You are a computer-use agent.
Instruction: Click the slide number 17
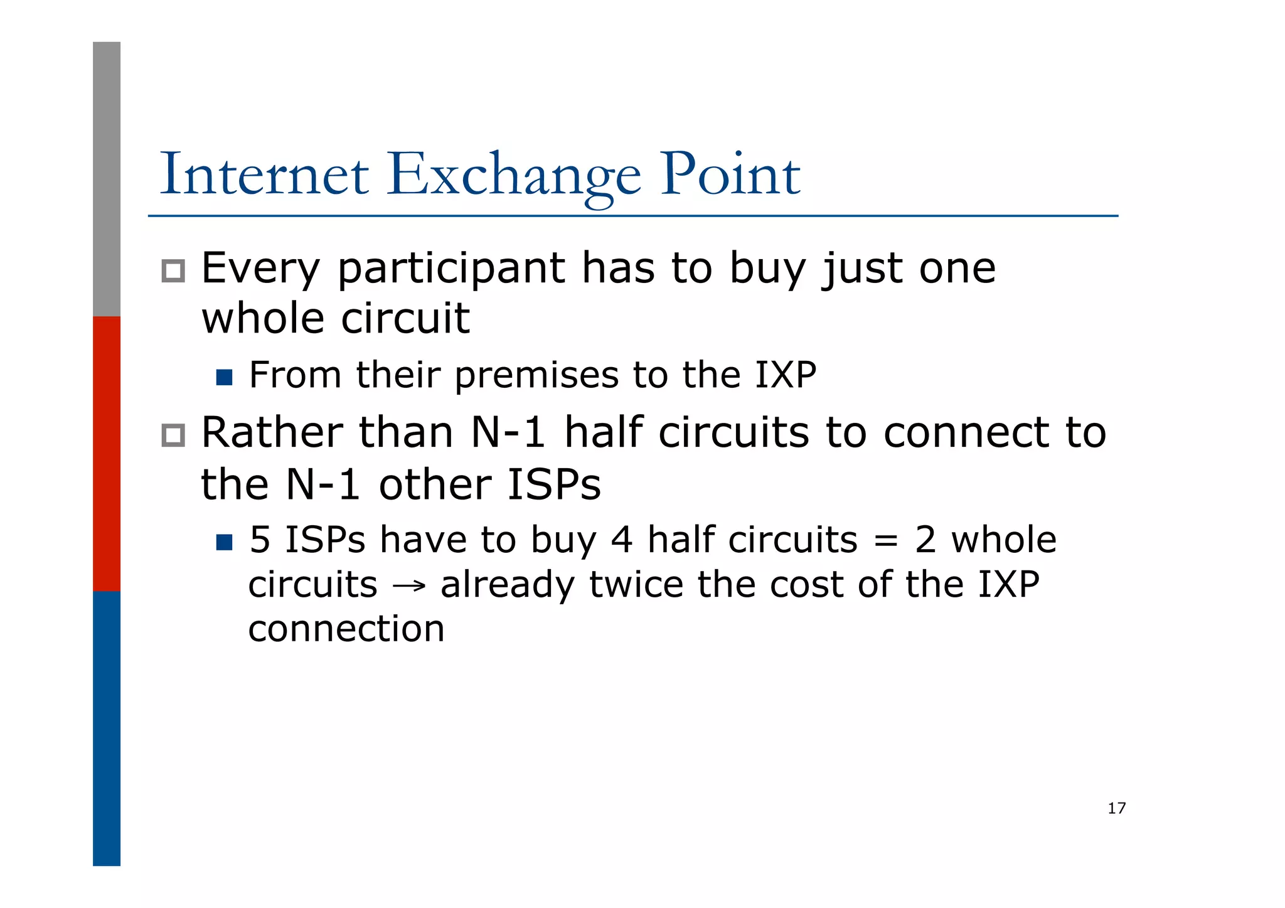coord(1116,808)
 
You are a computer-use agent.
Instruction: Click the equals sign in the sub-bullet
coord(885,541)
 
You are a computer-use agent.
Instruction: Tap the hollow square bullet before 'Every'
coord(173,271)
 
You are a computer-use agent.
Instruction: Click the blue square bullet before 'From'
coord(224,377)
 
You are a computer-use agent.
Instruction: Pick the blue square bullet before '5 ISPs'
coord(224,542)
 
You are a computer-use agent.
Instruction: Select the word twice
coord(636,585)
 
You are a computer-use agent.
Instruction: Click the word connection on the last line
coord(346,629)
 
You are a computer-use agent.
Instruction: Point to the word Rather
coord(272,433)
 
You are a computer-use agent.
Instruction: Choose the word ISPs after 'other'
coord(553,485)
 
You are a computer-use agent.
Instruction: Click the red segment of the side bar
coord(107,453)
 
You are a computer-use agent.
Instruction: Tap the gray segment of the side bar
coord(107,179)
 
